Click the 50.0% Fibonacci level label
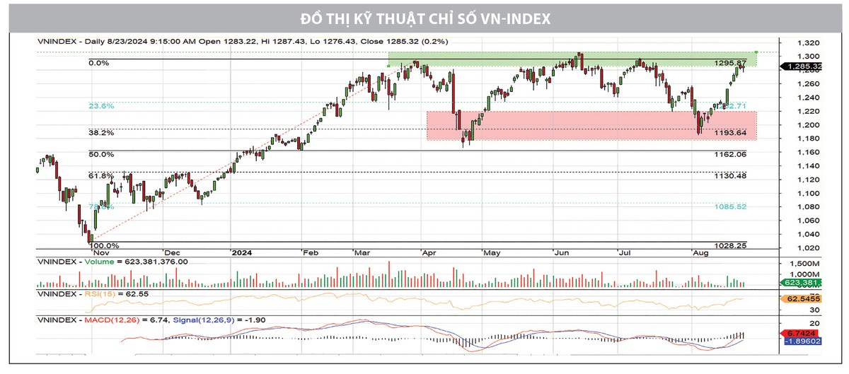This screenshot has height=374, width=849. click(100, 154)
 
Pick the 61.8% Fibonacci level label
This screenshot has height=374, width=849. click(100, 175)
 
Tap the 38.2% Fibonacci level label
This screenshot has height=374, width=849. click(100, 132)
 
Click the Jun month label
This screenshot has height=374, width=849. click(563, 252)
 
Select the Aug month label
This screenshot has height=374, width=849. click(700, 252)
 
